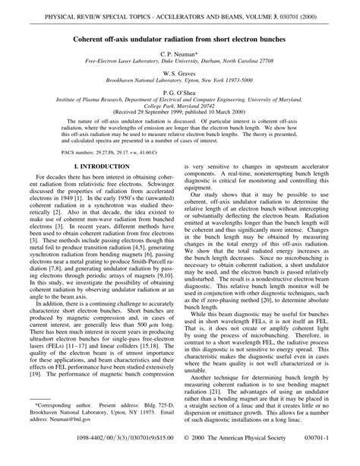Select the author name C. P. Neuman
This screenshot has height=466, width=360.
click(179, 55)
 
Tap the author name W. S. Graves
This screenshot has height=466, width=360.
click(180, 75)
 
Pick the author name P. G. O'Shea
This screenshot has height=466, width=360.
click(180, 96)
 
